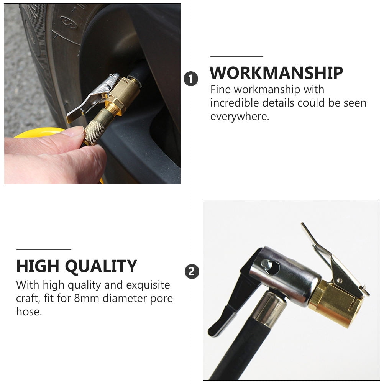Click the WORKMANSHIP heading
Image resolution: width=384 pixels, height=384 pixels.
click(276, 73)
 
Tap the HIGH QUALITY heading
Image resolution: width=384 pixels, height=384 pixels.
click(77, 266)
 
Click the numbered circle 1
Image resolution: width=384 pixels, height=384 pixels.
click(191, 79)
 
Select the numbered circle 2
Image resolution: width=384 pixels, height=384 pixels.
click(192, 272)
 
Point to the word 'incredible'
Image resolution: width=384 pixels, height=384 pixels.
click(235, 103)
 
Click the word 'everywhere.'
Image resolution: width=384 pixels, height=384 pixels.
click(240, 117)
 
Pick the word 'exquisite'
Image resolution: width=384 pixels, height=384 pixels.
click(148, 285)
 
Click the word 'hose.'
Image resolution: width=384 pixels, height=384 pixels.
click(29, 312)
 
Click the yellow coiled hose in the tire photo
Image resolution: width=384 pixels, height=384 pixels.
click(39, 133)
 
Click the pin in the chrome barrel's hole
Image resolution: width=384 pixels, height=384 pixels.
click(266, 264)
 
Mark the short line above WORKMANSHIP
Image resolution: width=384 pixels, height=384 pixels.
click(236, 57)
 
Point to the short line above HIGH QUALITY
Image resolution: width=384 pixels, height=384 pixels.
click(44, 249)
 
